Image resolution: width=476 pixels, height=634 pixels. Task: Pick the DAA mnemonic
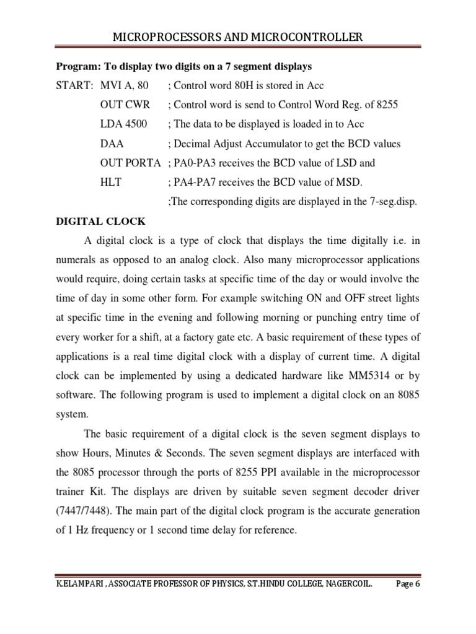click(112, 144)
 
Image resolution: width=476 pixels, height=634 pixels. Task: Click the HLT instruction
click(111, 182)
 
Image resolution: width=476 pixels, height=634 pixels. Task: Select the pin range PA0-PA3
click(192, 163)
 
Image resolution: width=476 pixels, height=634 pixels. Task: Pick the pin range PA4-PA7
click(192, 182)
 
